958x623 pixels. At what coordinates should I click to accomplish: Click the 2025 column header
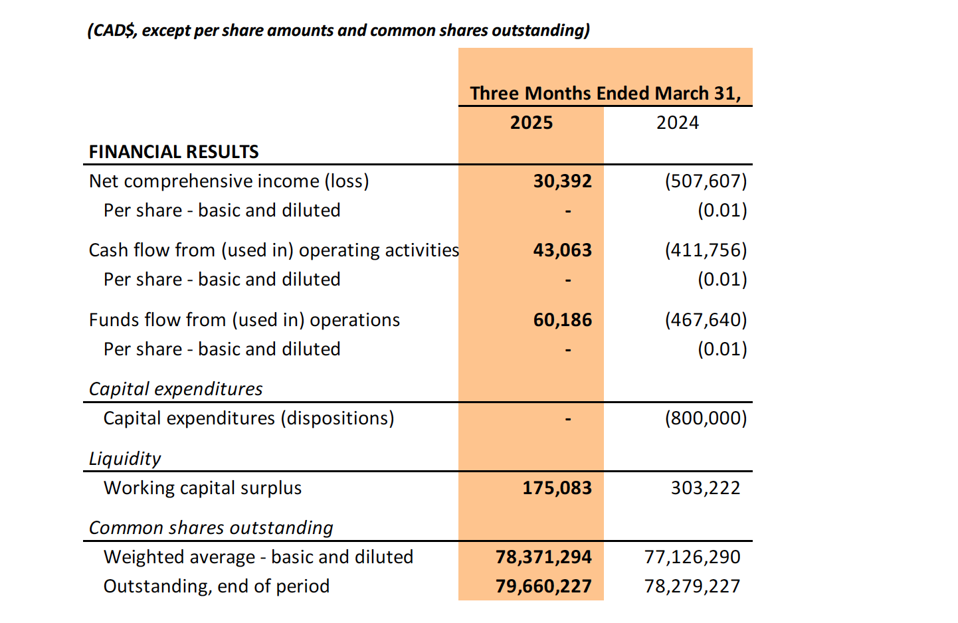[531, 123]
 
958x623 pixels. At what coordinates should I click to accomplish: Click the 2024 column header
[678, 123]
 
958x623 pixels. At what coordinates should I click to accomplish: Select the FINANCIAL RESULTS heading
[173, 152]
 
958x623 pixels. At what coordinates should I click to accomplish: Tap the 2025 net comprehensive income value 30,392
[563, 181]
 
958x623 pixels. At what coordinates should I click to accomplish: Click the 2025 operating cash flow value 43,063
[563, 250]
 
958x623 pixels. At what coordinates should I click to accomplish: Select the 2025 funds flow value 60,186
[563, 320]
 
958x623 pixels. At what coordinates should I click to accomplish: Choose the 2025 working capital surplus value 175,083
[557, 488]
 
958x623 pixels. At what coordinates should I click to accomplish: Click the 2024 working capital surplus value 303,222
[706, 488]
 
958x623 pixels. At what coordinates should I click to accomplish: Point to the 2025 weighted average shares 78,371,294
[543, 557]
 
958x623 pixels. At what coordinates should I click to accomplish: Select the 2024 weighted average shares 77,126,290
[692, 557]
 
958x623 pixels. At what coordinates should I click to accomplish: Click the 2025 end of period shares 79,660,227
[543, 586]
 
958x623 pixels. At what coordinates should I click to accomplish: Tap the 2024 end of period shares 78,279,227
[692, 586]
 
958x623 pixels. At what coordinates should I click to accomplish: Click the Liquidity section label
[125, 459]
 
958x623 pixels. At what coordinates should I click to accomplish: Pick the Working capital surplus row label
[203, 488]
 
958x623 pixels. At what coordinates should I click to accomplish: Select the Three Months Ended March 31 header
[605, 93]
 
